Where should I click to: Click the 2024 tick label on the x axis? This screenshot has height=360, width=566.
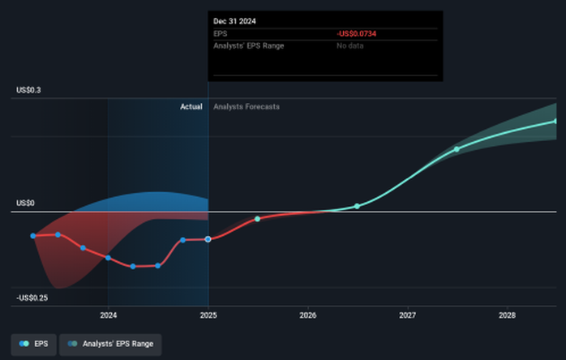coord(108,315)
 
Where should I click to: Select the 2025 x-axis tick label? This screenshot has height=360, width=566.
coord(208,315)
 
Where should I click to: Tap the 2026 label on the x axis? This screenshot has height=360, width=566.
coord(307,315)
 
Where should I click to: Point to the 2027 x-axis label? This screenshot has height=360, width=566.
coord(407,315)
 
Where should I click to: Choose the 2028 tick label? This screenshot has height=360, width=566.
coord(507,315)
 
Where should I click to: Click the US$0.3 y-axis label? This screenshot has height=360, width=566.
coord(28,90)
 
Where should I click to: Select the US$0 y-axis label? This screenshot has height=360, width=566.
coord(25,203)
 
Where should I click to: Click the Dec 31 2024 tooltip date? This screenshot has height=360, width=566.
coord(234,20)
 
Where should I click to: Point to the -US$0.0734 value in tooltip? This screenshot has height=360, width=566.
coord(358,33)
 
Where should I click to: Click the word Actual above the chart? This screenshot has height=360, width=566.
coord(191,106)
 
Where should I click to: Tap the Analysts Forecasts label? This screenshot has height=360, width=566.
coord(247,106)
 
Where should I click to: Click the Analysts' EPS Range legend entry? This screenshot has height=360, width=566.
coord(110,345)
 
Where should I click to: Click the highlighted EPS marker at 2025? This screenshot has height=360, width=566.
coord(208,239)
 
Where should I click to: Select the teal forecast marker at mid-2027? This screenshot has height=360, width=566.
coord(457,149)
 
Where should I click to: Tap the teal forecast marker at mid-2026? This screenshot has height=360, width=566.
coord(357,206)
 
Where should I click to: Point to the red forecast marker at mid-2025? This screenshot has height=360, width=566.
coord(257,219)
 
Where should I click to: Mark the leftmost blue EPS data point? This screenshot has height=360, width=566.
coord(33,236)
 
